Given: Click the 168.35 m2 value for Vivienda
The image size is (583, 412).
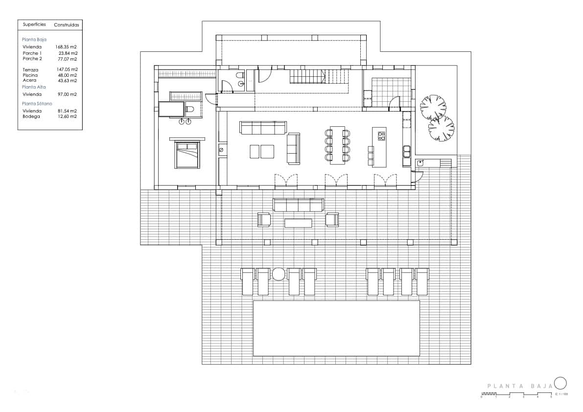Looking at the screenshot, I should [66, 47].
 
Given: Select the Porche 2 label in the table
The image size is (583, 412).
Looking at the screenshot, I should [32, 59].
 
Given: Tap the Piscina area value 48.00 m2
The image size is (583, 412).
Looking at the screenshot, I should [68, 75].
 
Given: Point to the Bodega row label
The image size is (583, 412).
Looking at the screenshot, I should [31, 116].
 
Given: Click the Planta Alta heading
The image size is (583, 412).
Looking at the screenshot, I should [34, 87].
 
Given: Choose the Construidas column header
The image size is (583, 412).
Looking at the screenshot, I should [66, 24].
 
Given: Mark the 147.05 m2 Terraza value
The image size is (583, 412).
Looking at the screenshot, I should [67, 70].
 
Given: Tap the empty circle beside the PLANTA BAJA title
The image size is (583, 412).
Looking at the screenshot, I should [560, 383].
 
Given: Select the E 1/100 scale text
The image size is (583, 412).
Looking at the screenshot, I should [561, 394].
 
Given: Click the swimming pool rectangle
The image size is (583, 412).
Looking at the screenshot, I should [336, 328].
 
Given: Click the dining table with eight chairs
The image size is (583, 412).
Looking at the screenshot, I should [337, 145].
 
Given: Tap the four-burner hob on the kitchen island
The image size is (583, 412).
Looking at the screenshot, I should [381, 136].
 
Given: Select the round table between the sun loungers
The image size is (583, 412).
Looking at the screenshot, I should [279, 274].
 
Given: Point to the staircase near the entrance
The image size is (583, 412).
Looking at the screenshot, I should [307, 76].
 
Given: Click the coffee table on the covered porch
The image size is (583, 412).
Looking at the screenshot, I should [298, 223].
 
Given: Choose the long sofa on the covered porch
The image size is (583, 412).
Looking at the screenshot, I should [298, 205].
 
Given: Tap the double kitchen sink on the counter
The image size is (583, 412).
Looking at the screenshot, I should [406, 152].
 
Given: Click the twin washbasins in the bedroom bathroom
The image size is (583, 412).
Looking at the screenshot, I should [185, 121].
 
